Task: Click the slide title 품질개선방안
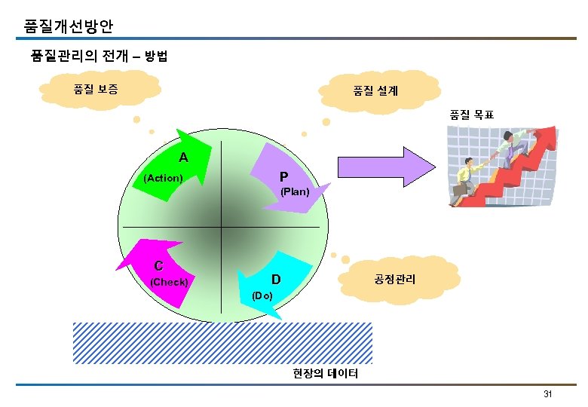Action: point(69,27)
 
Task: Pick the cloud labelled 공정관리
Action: point(394,278)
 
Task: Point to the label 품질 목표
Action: point(472,115)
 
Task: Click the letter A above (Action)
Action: point(183,158)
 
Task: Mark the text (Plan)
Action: point(295,192)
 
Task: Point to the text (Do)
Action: point(262,295)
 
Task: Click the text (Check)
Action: point(170,282)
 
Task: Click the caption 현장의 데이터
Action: point(326,374)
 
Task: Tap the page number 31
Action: point(548,395)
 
